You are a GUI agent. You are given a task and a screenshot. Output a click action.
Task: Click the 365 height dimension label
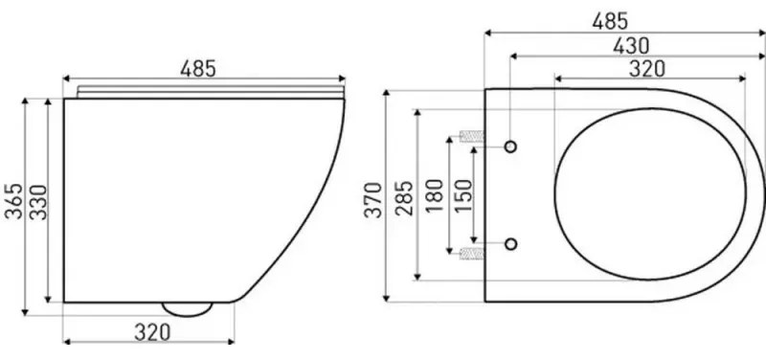tap(13, 201)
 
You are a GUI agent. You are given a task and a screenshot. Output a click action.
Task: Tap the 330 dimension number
tap(38, 202)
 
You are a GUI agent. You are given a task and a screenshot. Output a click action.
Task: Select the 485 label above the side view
tap(198, 69)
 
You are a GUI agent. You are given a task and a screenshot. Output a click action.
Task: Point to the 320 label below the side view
tap(152, 332)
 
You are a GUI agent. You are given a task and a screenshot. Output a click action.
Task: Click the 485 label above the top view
tap(610, 21)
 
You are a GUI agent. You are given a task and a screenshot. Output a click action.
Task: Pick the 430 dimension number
tap(631, 46)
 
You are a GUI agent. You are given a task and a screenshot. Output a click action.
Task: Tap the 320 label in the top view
tap(647, 69)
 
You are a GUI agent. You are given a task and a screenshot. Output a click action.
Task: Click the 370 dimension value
tap(373, 199)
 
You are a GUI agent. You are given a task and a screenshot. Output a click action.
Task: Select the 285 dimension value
tap(404, 198)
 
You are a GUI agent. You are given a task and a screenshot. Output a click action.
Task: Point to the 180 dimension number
tap(435, 195)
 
